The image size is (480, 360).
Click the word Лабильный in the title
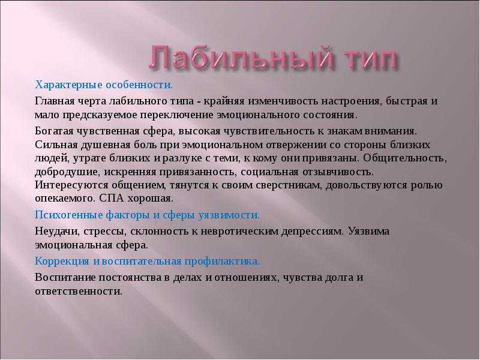pyautogui.click(x=241, y=57)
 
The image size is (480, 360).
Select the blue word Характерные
pyautogui.click(x=68, y=85)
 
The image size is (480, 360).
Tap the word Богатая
pyautogui.click(x=54, y=131)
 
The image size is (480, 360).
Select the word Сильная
pyautogui.click(x=56, y=145)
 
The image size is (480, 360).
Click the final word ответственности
pyautogui.click(x=78, y=291)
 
